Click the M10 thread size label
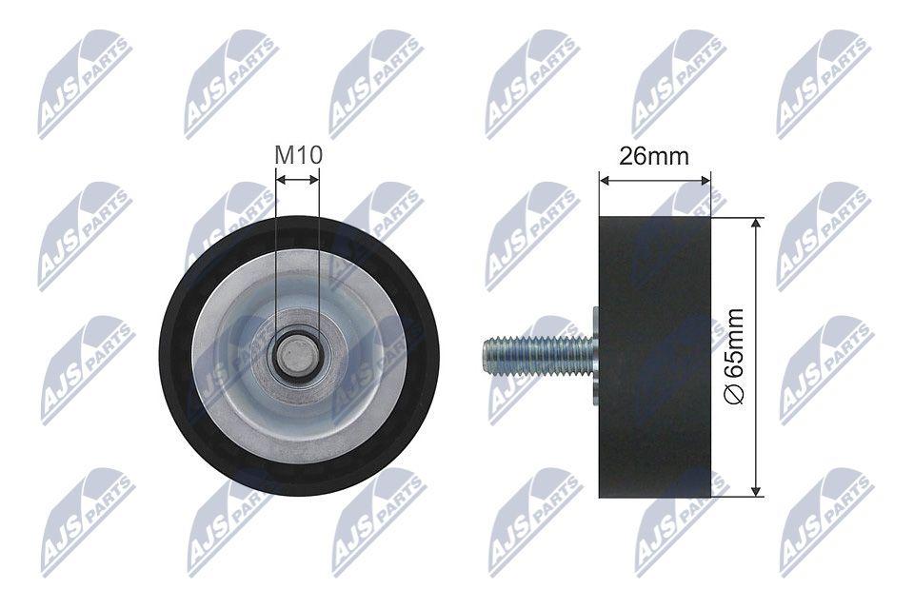pos(297,154)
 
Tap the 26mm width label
pos(653,157)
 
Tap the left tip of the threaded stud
pos(486,355)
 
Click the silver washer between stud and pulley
pos(595,355)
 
